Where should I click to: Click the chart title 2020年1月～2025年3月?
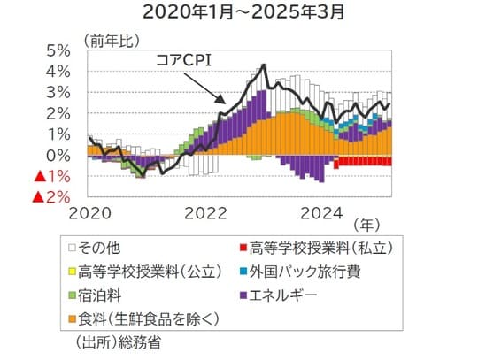pyautogui.click(x=239, y=13)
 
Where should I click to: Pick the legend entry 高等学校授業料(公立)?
pyautogui.click(x=134, y=272)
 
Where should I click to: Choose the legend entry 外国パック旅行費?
pyautogui.click(x=306, y=272)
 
